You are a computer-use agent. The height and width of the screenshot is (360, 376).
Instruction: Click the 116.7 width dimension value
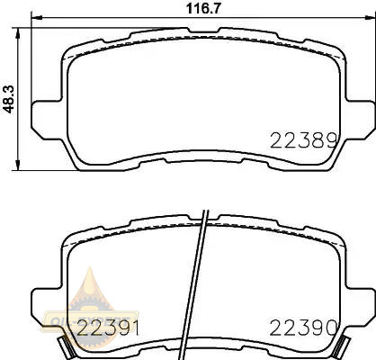(203, 8)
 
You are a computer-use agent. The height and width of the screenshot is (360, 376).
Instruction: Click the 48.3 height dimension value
(9, 99)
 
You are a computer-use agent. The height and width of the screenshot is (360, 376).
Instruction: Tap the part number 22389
(304, 141)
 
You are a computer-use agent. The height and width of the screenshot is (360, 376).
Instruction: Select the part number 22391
(109, 328)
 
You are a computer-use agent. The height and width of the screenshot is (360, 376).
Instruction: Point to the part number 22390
(304, 328)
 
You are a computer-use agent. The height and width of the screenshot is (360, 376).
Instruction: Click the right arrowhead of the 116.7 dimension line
(370, 17)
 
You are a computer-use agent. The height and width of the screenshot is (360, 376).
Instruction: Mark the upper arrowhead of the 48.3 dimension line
(18, 33)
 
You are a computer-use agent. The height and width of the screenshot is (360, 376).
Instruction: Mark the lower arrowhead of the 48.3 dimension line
(18, 165)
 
